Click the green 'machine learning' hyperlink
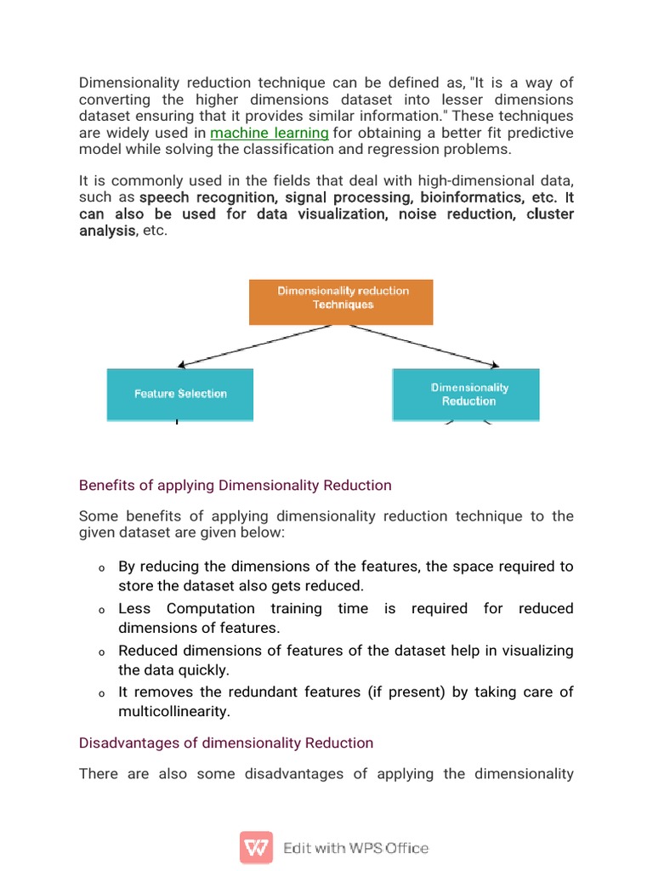270,133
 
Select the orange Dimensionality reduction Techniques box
341,302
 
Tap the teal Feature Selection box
180,394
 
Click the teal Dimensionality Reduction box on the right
466,394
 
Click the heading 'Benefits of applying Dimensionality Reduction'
235,486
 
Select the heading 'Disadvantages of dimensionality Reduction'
225,743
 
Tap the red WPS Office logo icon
256,848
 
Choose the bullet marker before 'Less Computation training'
100,611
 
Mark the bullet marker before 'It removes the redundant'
100,694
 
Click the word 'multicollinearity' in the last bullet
174,712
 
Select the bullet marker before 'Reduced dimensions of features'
100,652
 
